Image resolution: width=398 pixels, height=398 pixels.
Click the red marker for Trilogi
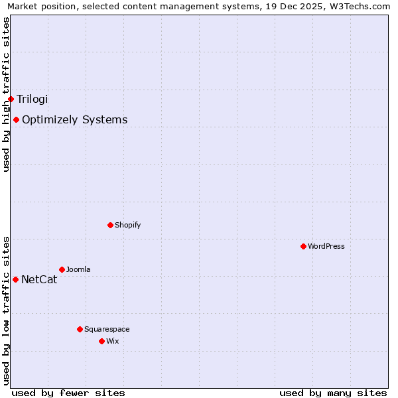click(11, 99)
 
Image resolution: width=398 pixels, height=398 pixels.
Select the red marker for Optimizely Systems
click(16, 119)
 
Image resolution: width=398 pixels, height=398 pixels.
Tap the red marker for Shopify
click(110, 225)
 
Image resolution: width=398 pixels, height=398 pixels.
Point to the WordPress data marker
click(303, 246)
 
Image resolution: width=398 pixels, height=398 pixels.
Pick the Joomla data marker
click(62, 269)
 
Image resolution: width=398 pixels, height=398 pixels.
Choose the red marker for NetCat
click(15, 279)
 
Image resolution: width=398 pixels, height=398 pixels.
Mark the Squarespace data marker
click(80, 329)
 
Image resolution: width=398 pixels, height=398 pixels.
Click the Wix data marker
click(101, 341)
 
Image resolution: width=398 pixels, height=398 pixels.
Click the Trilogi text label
click(33, 99)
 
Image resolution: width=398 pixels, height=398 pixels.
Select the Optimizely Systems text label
click(74, 120)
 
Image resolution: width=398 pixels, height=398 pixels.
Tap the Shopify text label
click(127, 225)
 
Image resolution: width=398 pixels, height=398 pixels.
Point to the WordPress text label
click(326, 246)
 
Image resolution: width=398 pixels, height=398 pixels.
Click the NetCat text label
click(39, 279)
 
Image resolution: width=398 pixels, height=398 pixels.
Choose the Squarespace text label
click(107, 329)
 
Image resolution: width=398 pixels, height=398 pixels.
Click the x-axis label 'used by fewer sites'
click(68, 393)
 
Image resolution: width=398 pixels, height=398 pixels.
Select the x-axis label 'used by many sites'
click(333, 393)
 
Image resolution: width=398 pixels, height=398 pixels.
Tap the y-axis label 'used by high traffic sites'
click(6, 94)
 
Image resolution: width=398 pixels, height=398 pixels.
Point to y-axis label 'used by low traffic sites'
click(6, 310)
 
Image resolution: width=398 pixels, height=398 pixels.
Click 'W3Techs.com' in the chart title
click(364, 6)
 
